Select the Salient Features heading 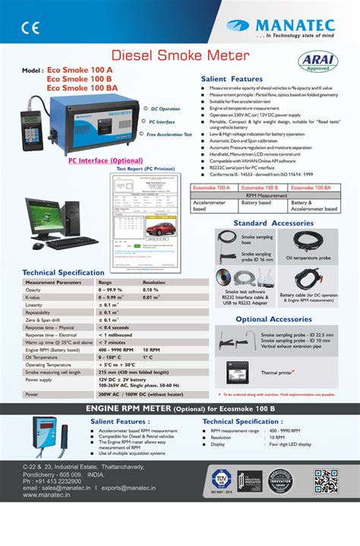coord(232,79)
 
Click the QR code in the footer coord(324,481)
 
